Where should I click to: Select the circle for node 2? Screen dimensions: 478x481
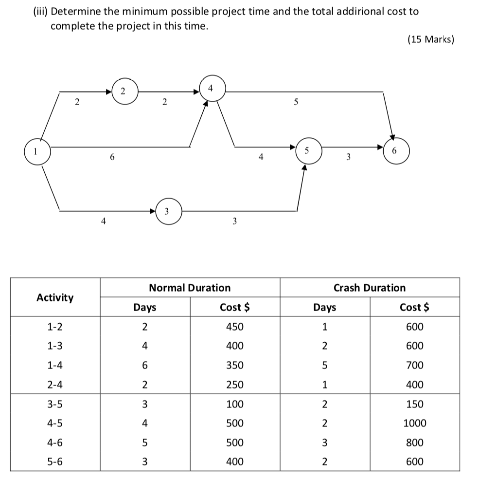123,91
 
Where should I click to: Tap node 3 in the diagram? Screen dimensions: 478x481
166,211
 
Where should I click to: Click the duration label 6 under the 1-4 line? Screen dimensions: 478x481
112,157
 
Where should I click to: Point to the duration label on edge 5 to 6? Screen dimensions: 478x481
348,157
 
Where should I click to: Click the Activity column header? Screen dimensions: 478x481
55,297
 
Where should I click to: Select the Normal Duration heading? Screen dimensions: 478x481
190,288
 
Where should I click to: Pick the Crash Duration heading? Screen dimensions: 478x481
369,288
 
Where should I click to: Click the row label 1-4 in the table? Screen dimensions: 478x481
55,365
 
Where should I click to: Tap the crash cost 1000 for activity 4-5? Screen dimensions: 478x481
415,423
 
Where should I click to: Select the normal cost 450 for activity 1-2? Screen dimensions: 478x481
235,327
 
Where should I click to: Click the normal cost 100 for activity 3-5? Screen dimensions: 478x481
235,404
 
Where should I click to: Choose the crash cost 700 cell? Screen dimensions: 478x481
415,365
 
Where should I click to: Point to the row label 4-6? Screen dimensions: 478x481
55,443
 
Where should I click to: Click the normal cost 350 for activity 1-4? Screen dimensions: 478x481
235,365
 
